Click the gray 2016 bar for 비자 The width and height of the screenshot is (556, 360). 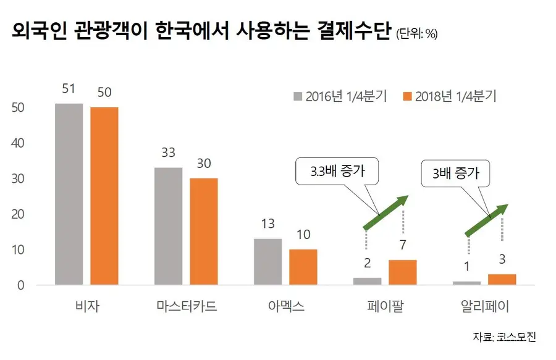(69, 194)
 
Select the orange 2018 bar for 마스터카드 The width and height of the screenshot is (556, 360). (204, 232)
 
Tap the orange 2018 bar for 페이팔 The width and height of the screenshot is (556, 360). (402, 272)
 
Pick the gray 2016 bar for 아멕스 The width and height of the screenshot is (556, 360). (267, 262)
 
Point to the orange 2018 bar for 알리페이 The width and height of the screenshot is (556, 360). (502, 280)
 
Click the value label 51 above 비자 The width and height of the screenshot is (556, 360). (69, 88)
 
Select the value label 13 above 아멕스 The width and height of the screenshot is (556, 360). (267, 224)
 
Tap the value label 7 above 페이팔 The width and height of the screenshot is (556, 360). (402, 245)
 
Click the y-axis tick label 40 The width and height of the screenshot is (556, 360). (18, 143)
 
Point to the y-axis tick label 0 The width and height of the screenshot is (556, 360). (21, 285)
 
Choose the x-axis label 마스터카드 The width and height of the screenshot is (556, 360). (187, 306)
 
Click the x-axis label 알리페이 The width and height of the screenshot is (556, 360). (485, 306)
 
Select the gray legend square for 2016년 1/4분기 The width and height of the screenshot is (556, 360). (298, 96)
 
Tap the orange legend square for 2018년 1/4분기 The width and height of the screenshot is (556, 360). (408, 96)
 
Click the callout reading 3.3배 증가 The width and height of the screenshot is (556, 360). (337, 172)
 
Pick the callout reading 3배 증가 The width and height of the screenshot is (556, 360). (455, 174)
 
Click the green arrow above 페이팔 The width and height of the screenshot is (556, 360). (385, 212)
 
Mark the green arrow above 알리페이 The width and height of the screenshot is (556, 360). (487, 220)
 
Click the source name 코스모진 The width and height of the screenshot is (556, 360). (516, 337)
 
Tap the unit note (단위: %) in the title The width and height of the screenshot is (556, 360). (417, 34)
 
